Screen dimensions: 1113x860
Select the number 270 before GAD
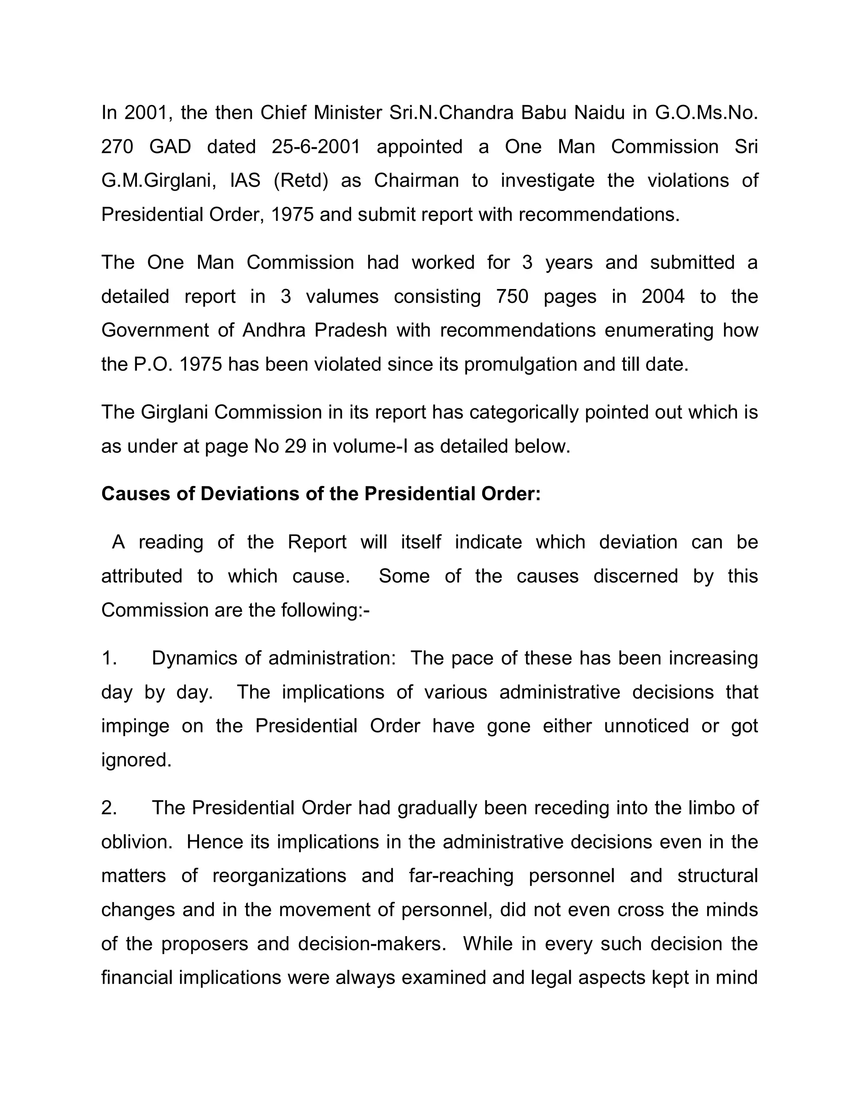point(117,147)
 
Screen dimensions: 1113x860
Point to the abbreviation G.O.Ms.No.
point(706,113)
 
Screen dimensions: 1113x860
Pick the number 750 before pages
point(512,297)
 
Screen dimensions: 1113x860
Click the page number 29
point(296,446)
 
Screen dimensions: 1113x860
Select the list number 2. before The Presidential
point(109,808)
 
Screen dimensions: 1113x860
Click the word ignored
point(136,760)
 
